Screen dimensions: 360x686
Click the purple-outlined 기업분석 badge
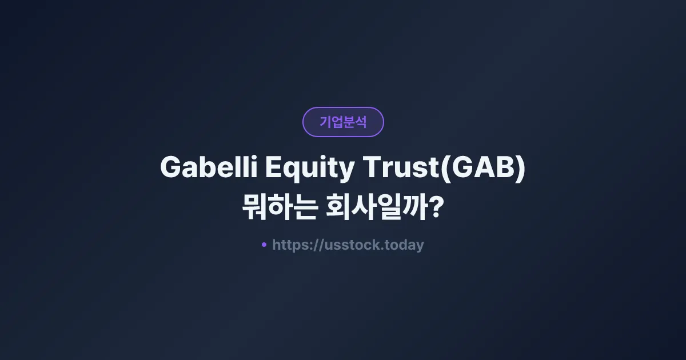(343, 122)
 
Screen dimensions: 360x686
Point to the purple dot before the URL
(264, 245)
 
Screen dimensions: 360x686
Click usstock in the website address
(348, 245)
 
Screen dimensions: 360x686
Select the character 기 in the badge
(325, 122)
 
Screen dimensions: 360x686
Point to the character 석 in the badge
(361, 122)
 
